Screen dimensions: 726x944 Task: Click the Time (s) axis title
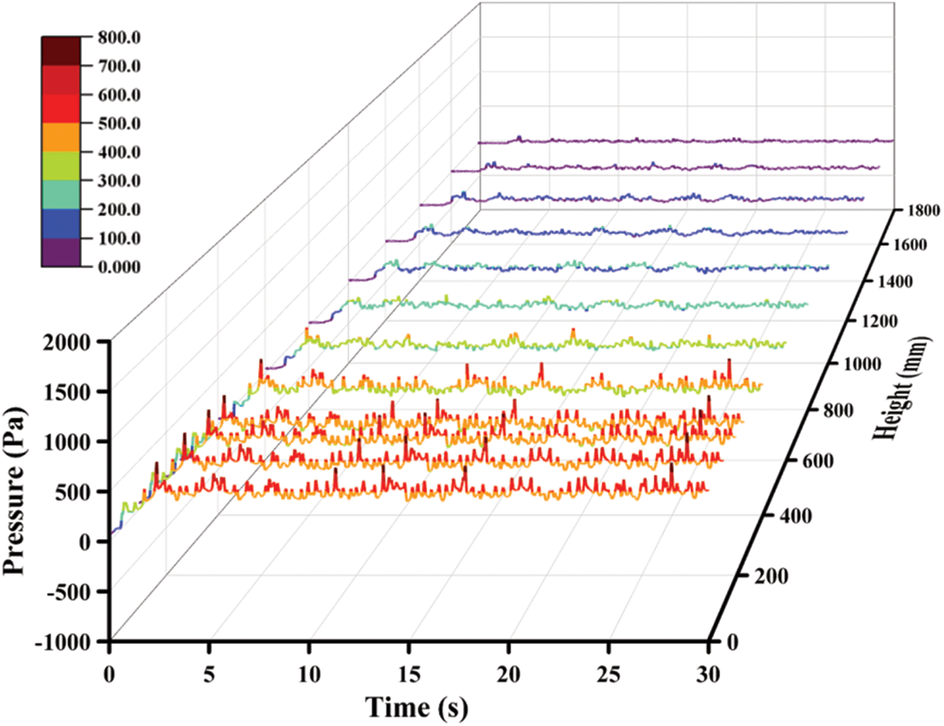pyautogui.click(x=417, y=707)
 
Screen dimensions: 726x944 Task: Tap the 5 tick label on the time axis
pyautogui.click(x=209, y=671)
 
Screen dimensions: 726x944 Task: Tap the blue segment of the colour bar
pyautogui.click(x=61, y=223)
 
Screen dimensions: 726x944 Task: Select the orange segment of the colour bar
pyautogui.click(x=61, y=138)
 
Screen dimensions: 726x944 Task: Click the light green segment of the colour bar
pyautogui.click(x=61, y=166)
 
